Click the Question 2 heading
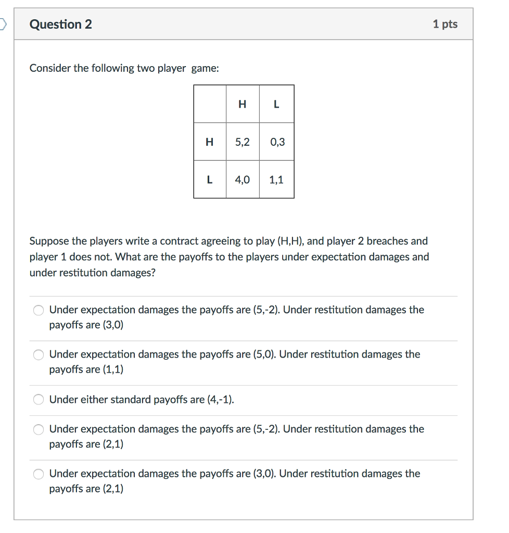click(61, 24)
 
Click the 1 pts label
click(445, 24)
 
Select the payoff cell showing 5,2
click(243, 142)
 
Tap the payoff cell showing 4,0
click(243, 180)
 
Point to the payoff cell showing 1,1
click(276, 180)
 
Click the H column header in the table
click(243, 104)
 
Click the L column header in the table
click(276, 104)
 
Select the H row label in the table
click(210, 142)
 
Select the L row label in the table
click(210, 180)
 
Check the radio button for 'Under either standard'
click(39, 400)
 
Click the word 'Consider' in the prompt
click(50, 68)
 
